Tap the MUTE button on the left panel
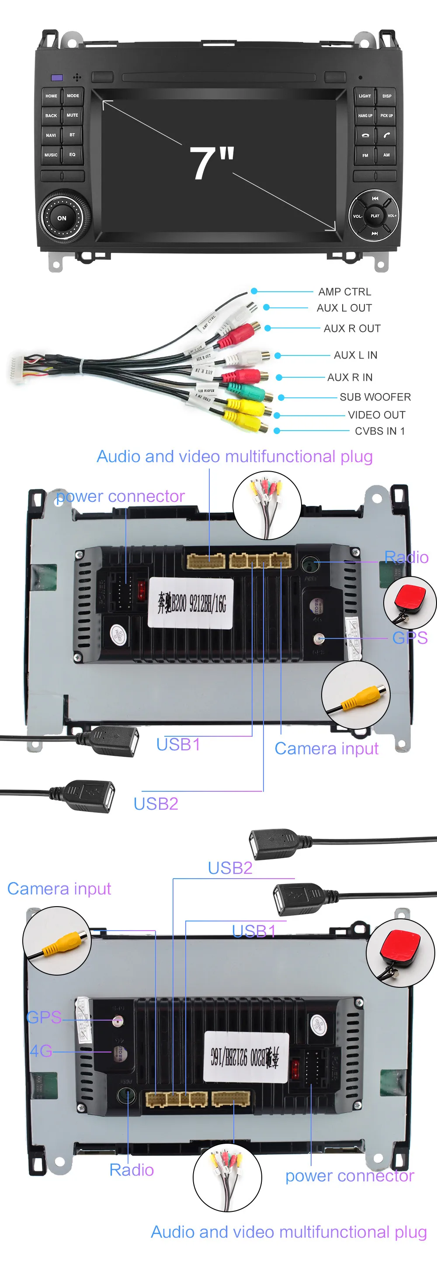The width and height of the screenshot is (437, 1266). [72, 115]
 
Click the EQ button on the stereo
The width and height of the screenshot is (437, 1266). [72, 154]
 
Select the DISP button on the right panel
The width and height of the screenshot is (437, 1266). [387, 96]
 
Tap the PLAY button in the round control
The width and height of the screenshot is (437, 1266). [375, 216]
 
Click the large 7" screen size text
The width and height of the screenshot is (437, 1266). [212, 163]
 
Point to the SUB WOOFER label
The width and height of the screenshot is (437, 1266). [375, 397]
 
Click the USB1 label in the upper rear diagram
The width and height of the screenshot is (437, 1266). [178, 745]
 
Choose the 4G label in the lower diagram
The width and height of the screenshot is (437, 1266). [41, 1050]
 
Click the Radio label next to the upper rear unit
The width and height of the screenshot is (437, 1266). [406, 557]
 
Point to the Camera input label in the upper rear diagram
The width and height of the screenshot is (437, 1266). [326, 748]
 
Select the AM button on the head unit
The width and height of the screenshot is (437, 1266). [386, 155]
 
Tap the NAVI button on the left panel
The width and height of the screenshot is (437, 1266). [51, 135]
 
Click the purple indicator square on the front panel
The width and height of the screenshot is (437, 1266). [57, 78]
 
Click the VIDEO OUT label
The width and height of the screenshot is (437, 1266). [376, 415]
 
